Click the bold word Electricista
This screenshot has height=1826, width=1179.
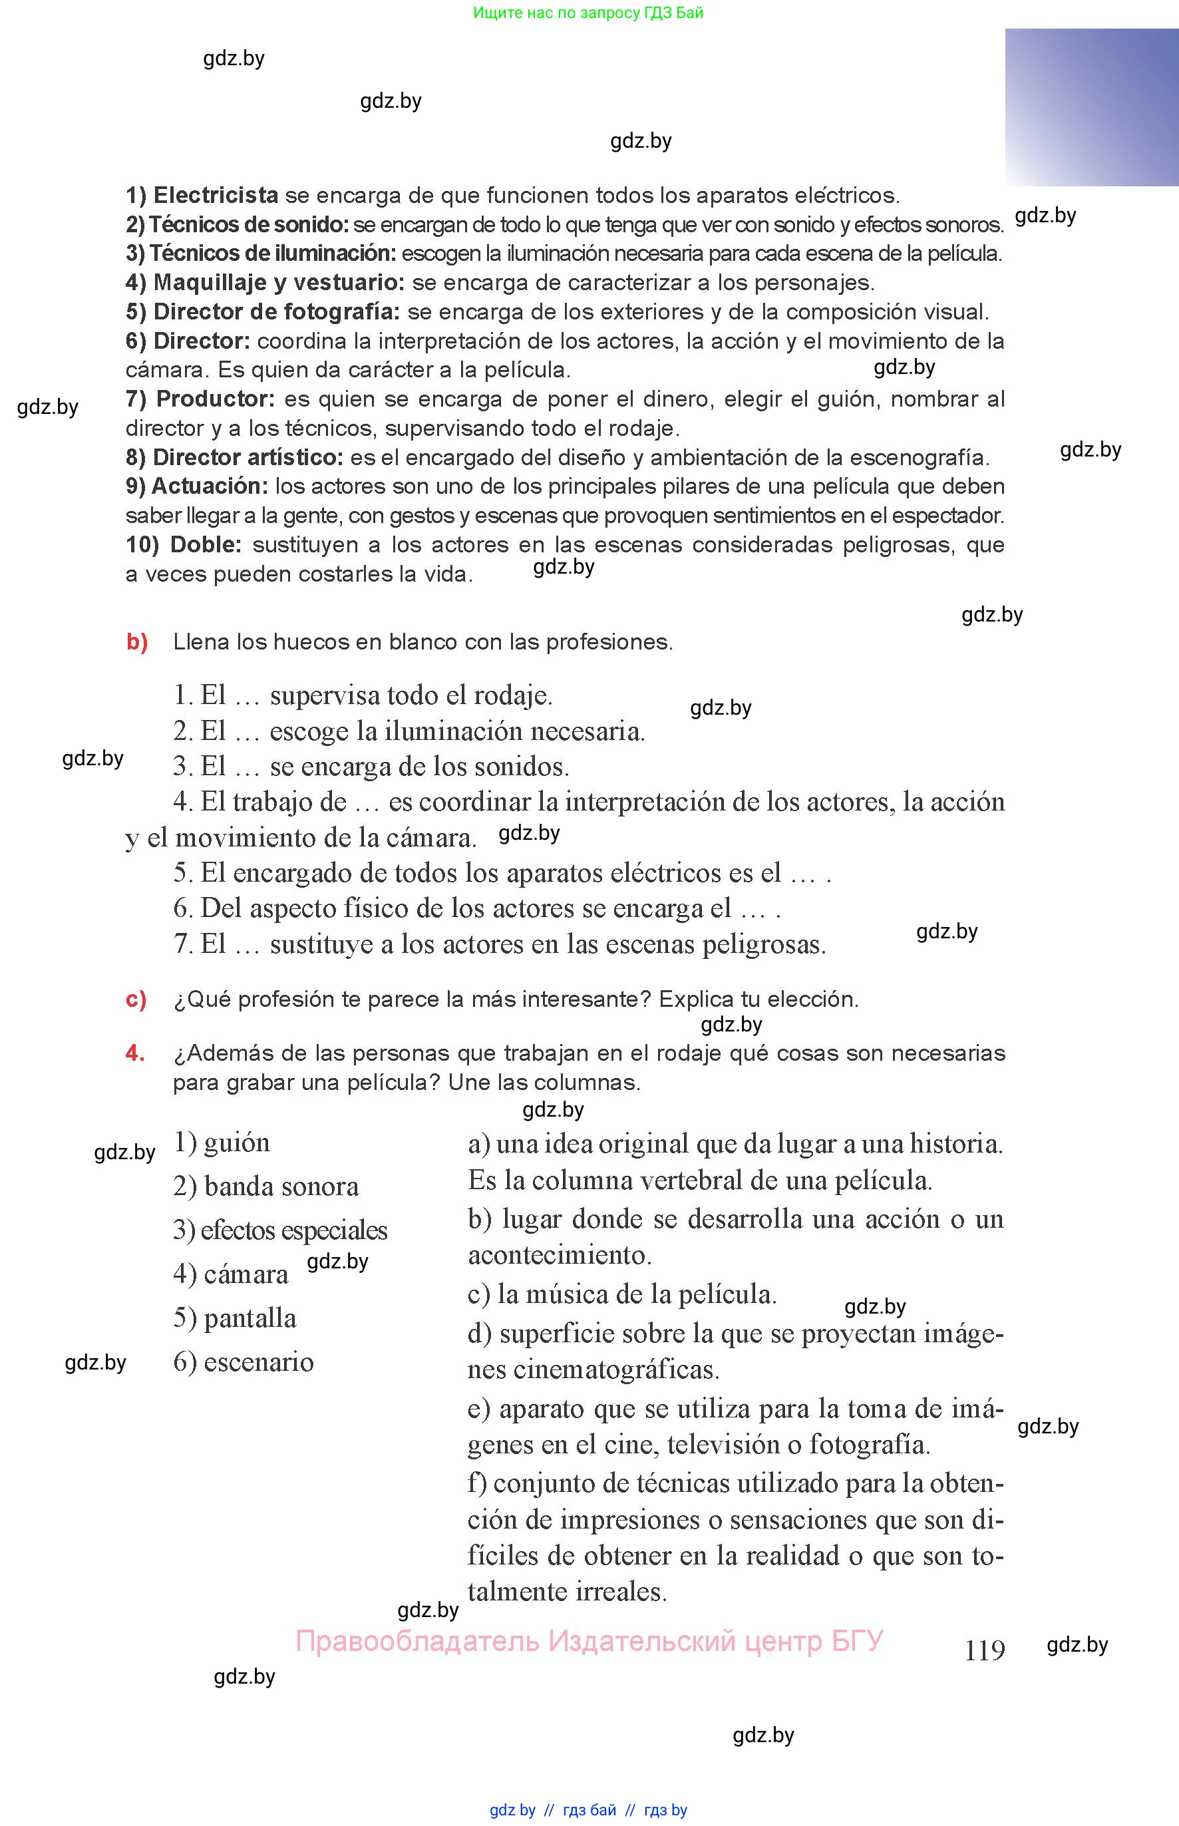pyautogui.click(x=215, y=195)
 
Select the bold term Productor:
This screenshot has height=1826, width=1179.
pyautogui.click(x=215, y=399)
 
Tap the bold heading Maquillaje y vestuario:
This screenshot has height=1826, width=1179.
pyautogui.click(x=279, y=283)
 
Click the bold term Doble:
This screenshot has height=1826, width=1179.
pyautogui.click(x=205, y=544)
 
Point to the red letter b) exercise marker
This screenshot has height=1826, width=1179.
pyautogui.click(x=137, y=641)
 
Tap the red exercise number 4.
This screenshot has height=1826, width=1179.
pyautogui.click(x=135, y=1053)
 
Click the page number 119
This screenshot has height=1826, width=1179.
pyautogui.click(x=985, y=1650)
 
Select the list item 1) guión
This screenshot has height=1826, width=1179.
pyautogui.click(x=222, y=1143)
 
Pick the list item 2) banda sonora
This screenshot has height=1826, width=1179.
pyautogui.click(x=265, y=1186)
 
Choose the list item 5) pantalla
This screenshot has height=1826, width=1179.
pyautogui.click(x=234, y=1318)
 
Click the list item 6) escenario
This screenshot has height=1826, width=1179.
pyautogui.click(x=244, y=1362)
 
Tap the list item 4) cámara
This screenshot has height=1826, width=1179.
pyautogui.click(x=230, y=1274)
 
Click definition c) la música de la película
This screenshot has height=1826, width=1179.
pyautogui.click(x=621, y=1294)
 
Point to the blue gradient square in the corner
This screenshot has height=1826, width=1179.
pyautogui.click(x=1092, y=107)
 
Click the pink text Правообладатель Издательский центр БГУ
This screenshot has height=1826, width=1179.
pyautogui.click(x=589, y=1641)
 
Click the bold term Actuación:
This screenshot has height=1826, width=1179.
pyautogui.click(x=210, y=486)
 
